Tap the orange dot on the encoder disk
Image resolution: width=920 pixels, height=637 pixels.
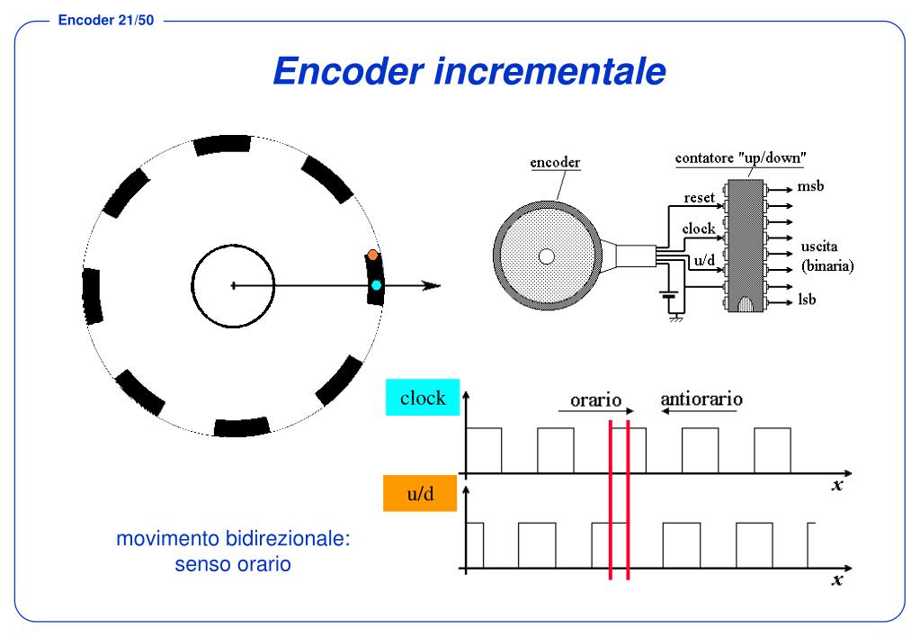pos(372,255)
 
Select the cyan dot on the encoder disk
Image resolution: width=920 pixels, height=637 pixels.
pos(377,285)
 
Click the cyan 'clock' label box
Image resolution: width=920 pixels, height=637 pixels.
pos(423,398)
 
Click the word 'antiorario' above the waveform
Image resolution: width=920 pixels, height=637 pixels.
pos(701,397)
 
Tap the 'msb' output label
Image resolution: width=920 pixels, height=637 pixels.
pos(810,187)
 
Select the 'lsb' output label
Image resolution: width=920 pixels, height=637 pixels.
pos(807,299)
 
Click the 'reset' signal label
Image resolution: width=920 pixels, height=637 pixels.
pos(699,197)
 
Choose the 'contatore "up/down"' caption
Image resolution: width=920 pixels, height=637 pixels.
pos(740,158)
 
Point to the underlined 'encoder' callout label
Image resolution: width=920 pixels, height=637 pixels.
pos(555,163)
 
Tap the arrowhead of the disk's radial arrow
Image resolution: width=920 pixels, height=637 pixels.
pos(432,286)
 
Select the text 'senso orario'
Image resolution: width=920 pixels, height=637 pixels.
pos(232,566)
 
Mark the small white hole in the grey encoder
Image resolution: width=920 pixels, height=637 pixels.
pos(546,256)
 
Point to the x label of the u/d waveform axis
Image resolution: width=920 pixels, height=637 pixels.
pos(837,580)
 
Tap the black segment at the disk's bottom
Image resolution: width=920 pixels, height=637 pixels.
pos(241,426)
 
